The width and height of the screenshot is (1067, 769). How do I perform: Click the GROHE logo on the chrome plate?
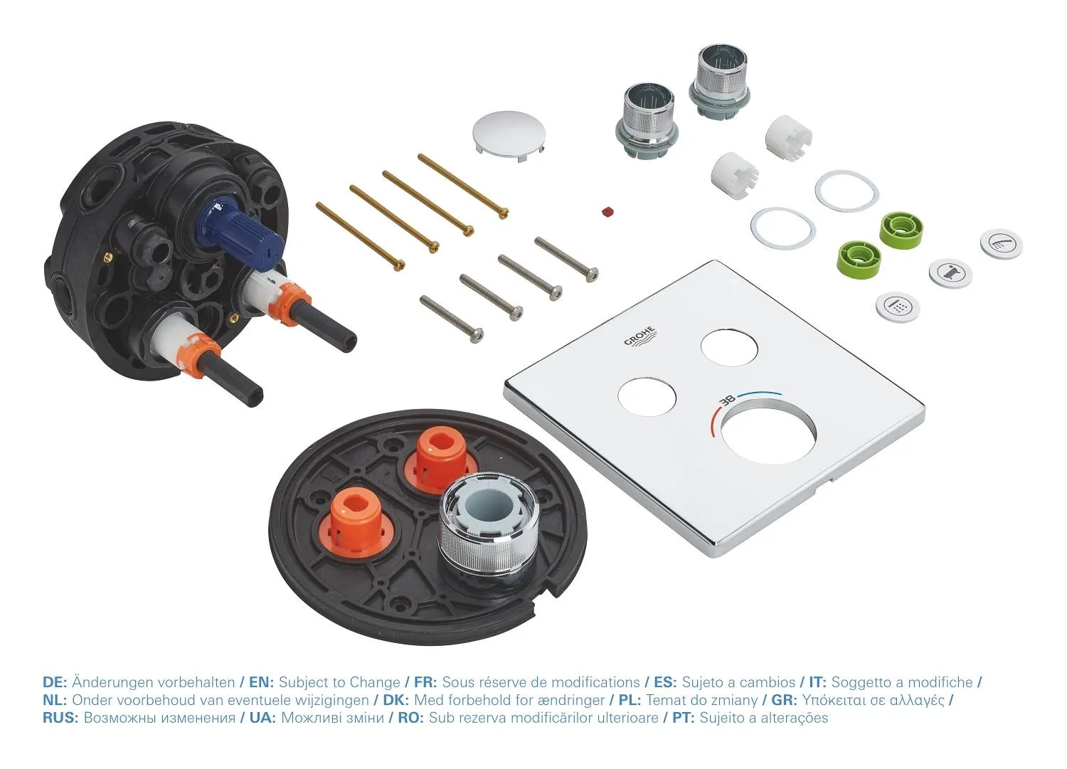click(641, 336)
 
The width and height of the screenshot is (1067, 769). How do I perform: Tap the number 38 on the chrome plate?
click(728, 401)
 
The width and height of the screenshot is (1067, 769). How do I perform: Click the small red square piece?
click(607, 212)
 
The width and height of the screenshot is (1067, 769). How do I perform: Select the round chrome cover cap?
click(509, 132)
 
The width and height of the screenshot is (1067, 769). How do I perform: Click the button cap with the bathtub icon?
click(950, 273)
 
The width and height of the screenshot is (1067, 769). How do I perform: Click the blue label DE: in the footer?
click(55, 682)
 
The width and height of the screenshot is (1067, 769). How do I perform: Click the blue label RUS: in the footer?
click(60, 718)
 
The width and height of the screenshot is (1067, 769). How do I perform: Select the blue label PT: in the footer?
click(684, 718)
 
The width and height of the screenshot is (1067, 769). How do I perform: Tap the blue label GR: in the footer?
click(783, 700)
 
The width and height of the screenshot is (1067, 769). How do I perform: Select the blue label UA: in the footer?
click(262, 718)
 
